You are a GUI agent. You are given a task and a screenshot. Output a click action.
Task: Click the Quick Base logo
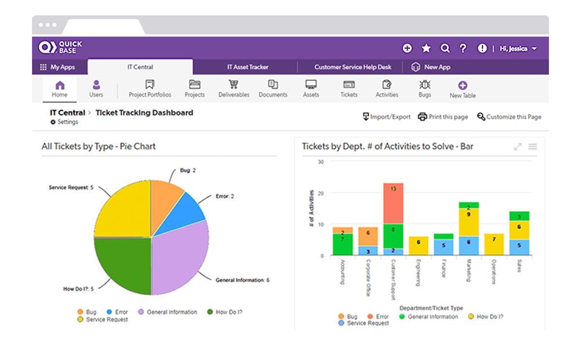coord(60,47)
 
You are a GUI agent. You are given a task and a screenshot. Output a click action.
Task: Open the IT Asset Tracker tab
coord(247,67)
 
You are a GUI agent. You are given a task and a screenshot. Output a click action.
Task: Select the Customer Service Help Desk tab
coord(352,67)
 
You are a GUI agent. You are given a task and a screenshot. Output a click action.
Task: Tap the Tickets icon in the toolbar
coord(349,85)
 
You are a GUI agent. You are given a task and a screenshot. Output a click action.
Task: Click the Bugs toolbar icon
coord(425,84)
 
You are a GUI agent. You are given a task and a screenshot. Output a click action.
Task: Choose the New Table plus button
coord(463,86)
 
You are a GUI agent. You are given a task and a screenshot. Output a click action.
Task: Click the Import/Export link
coord(387,117)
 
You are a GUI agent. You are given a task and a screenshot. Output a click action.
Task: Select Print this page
coord(443,117)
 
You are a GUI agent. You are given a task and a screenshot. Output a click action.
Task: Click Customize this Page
coord(509,117)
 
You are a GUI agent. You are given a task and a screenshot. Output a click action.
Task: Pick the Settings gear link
coord(64,122)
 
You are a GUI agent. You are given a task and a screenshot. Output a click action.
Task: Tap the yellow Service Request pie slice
coord(121,208)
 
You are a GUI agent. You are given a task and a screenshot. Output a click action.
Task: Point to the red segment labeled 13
coord(393,203)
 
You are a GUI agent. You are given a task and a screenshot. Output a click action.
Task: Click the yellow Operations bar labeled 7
coord(493,244)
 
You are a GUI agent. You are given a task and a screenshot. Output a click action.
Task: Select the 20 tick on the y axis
coord(320,193)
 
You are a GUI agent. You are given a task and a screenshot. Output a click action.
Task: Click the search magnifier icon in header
coord(445,48)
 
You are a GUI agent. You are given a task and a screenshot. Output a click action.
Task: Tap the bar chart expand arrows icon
coord(518,146)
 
